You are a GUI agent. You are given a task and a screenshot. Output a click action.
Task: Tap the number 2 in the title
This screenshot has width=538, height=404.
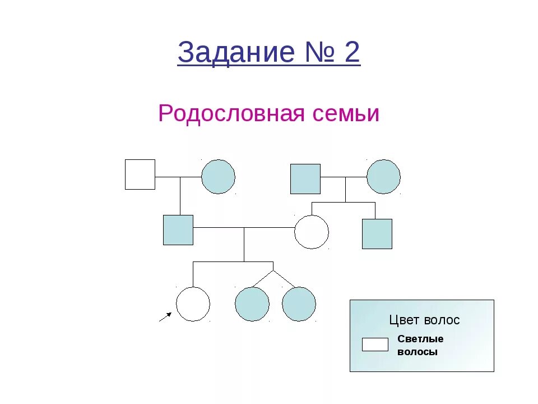click(x=351, y=53)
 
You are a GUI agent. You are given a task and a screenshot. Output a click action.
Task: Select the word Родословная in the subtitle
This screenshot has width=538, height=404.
click(x=231, y=114)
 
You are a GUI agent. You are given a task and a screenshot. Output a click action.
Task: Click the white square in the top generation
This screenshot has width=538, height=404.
click(x=140, y=175)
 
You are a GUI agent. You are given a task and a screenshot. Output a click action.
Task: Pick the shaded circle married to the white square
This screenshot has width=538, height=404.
click(x=218, y=177)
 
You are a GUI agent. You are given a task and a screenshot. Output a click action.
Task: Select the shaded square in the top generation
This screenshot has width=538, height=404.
click(x=305, y=179)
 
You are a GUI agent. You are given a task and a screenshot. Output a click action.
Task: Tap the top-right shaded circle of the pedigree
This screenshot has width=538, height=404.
click(x=383, y=177)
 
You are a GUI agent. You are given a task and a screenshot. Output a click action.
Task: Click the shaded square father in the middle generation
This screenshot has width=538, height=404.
click(x=178, y=230)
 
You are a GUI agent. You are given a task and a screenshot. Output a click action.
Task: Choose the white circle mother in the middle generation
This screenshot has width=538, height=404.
click(x=312, y=232)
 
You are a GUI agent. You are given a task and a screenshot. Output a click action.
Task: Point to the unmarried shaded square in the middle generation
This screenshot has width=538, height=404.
click(x=377, y=234)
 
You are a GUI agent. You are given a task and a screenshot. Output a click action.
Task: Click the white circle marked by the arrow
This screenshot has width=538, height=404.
click(x=193, y=304)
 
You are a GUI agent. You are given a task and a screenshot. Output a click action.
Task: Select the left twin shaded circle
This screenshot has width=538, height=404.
click(x=252, y=304)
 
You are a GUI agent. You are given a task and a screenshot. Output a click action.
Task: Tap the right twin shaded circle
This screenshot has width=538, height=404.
click(x=299, y=304)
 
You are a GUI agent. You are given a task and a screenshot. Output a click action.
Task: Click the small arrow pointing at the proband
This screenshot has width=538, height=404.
click(x=165, y=318)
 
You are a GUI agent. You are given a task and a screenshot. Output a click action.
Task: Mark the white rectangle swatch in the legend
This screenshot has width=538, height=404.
click(x=375, y=345)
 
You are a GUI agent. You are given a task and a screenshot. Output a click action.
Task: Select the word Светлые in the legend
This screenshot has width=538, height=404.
click(x=420, y=339)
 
